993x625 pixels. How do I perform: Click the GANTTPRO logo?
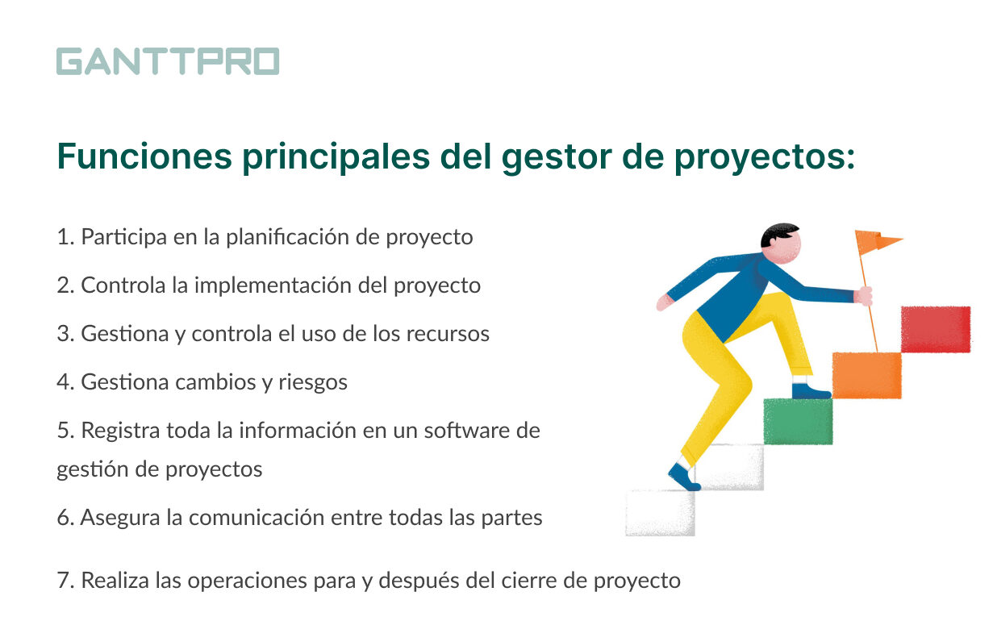(168, 61)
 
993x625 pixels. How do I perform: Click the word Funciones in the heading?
(144, 156)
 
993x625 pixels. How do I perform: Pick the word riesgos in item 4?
(312, 382)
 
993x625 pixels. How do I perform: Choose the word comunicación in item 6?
(257, 518)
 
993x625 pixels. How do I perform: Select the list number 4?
(65, 382)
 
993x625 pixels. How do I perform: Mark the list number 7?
(65, 581)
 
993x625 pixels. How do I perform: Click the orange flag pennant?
(876, 242)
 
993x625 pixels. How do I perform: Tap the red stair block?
(936, 329)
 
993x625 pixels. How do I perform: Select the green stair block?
(798, 421)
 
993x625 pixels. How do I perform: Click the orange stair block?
(866, 376)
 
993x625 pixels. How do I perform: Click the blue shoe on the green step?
(809, 391)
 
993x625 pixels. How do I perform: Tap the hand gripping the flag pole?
(864, 296)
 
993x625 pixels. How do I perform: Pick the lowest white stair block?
(660, 513)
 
